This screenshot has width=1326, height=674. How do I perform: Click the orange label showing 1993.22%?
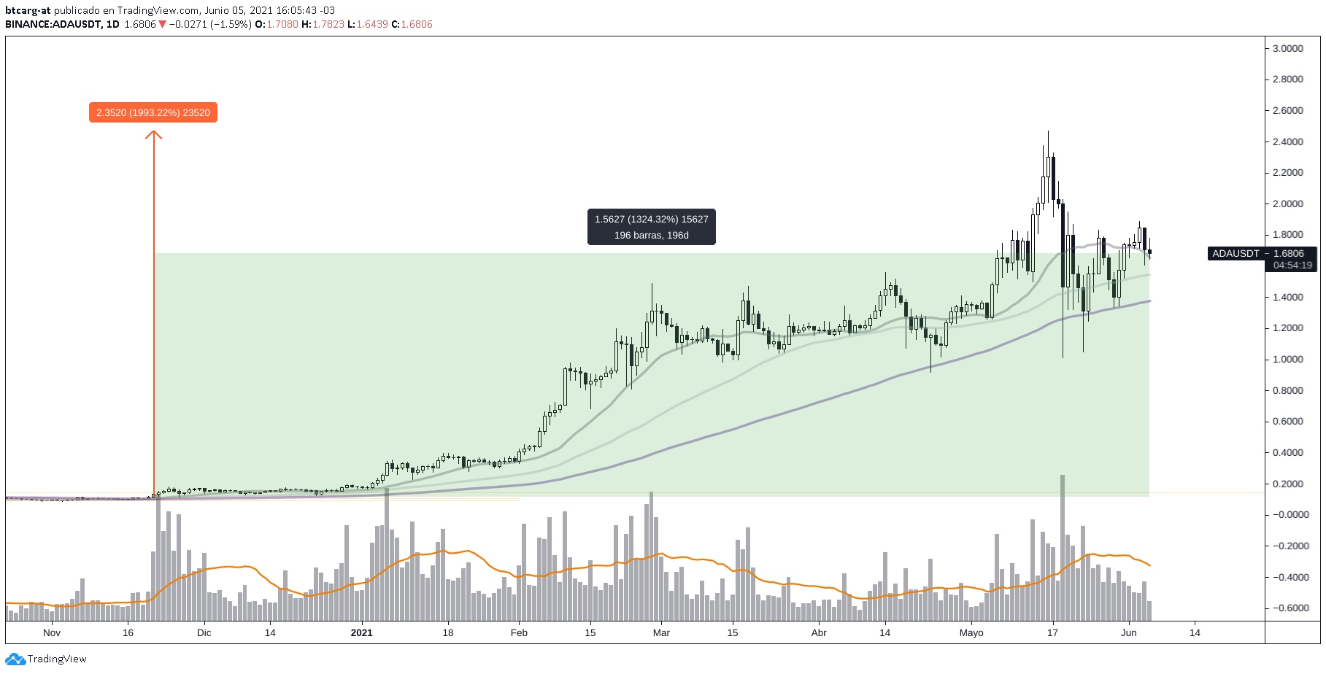click(x=153, y=112)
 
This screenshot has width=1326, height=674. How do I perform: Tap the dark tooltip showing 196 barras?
click(x=651, y=227)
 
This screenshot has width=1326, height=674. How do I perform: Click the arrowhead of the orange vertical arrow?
click(x=153, y=134)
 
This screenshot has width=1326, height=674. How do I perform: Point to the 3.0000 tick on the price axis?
click(x=1287, y=48)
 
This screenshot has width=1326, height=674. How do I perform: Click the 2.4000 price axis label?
click(x=1287, y=142)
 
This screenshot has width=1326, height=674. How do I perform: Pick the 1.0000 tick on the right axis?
click(x=1287, y=359)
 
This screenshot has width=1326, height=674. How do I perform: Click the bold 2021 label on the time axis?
click(x=361, y=632)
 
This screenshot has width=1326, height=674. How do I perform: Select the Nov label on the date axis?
click(x=52, y=632)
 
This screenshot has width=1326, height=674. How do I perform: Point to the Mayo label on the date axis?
click(x=971, y=632)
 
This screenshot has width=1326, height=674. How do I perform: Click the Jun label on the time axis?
click(x=1128, y=632)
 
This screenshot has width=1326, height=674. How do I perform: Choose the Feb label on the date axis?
click(x=519, y=632)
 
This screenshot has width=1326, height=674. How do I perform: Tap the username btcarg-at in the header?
click(x=28, y=10)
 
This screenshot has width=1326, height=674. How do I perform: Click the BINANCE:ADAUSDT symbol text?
click(x=53, y=24)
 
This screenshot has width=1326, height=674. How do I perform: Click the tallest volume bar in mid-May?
click(x=1063, y=547)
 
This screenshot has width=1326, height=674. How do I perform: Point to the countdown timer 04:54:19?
click(x=1292, y=265)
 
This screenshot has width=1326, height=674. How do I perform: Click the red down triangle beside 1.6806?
click(x=162, y=24)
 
